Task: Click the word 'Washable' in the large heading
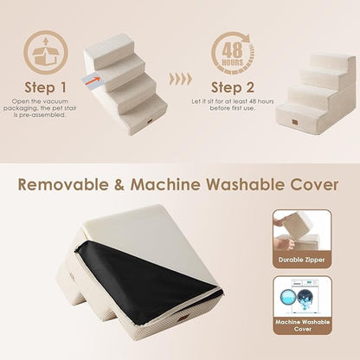point(246,184)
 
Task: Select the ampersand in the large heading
point(139,184)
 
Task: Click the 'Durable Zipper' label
point(300,259)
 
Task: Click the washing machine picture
point(301,294)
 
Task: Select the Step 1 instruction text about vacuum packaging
point(46,113)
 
